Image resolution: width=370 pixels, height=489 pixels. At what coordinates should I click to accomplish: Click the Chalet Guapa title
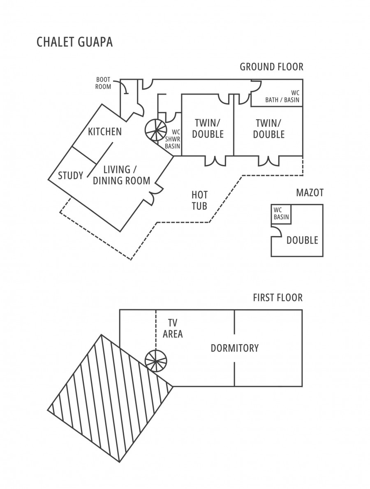pyautogui.click(x=74, y=42)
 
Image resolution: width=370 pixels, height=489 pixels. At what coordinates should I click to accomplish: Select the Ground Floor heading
pyautogui.click(x=271, y=67)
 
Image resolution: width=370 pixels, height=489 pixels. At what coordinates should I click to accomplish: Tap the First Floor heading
pyautogui.click(x=278, y=297)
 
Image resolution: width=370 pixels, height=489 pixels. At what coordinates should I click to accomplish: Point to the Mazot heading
pyautogui.click(x=310, y=193)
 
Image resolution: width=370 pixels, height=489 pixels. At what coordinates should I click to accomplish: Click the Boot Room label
pyautogui.click(x=103, y=83)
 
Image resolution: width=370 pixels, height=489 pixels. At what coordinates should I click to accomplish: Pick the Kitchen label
pyautogui.click(x=105, y=132)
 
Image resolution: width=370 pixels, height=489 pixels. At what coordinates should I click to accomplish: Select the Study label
pyautogui.click(x=71, y=176)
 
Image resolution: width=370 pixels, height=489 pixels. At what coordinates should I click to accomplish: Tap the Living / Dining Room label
pyautogui.click(x=122, y=175)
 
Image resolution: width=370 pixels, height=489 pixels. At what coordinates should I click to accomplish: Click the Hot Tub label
pyautogui.click(x=199, y=200)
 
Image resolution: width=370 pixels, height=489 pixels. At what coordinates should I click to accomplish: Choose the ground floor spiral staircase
pyautogui.click(x=156, y=130)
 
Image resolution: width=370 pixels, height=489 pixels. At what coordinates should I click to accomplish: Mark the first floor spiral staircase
pyautogui.click(x=156, y=361)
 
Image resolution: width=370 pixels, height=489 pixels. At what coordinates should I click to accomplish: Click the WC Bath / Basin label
pyautogui.click(x=282, y=96)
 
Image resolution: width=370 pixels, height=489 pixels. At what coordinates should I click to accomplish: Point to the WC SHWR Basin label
pyautogui.click(x=173, y=139)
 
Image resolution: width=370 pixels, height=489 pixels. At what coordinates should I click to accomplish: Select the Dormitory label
pyautogui.click(x=235, y=348)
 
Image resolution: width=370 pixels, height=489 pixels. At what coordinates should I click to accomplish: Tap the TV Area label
pyautogui.click(x=173, y=328)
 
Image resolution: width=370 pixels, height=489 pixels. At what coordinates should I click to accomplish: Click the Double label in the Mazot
pyautogui.click(x=302, y=240)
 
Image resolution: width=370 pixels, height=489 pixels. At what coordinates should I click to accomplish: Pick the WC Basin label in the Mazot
pyautogui.click(x=281, y=213)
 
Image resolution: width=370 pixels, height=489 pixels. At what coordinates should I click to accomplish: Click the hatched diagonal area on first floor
pyautogui.click(x=111, y=393)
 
